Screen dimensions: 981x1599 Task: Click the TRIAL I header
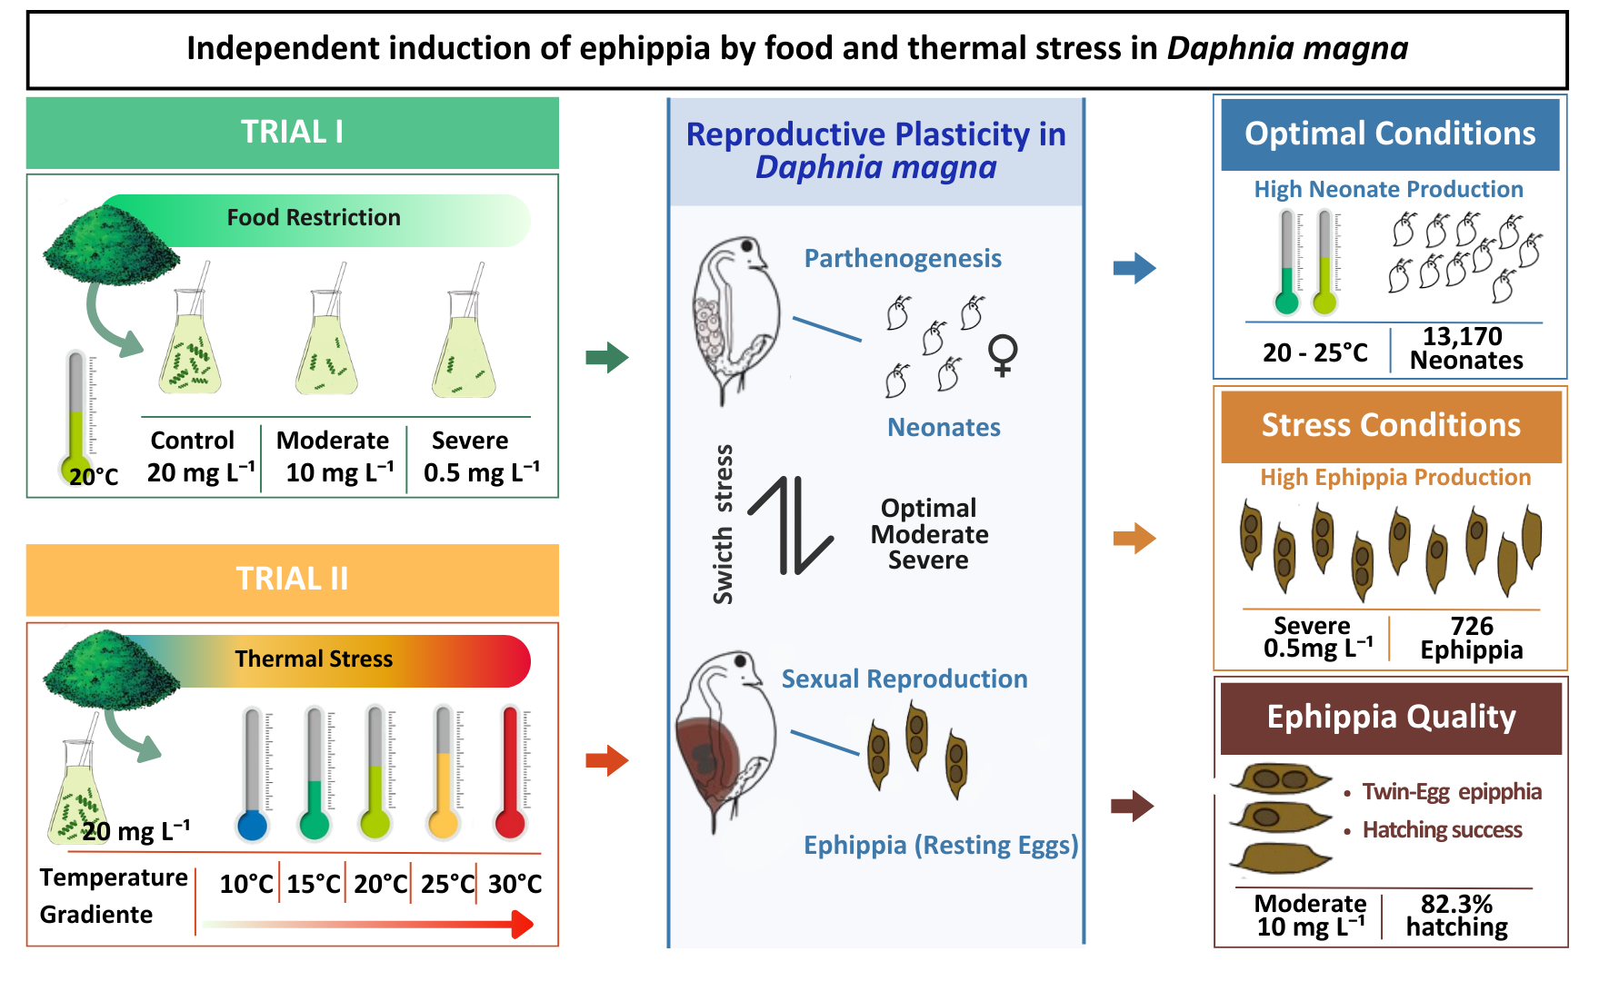coord(292,133)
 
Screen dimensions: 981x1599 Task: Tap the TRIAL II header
coord(292,579)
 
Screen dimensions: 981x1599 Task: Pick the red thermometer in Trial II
coord(510,772)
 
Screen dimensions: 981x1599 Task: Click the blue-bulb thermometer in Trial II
coord(253,772)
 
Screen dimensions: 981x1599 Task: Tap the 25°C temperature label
coord(447,884)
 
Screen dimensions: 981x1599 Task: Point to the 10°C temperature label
coord(246,884)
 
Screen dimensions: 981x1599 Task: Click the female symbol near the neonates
coord(1003,355)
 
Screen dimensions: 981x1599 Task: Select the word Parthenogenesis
coord(903,259)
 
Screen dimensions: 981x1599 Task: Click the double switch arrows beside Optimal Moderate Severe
coord(790,526)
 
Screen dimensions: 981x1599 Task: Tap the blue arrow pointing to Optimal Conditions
coord(1134,268)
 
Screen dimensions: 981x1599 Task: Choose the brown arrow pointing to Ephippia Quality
coord(1133,806)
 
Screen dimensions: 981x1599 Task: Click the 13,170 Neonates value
coord(1465,349)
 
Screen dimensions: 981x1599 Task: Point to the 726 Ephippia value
coord(1472,638)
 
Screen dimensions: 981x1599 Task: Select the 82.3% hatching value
coord(1456,916)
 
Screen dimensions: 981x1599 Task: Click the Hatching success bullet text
coord(1442,830)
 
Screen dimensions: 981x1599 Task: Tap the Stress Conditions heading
coord(1391,425)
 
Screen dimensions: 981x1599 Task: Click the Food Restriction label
coord(314,218)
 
